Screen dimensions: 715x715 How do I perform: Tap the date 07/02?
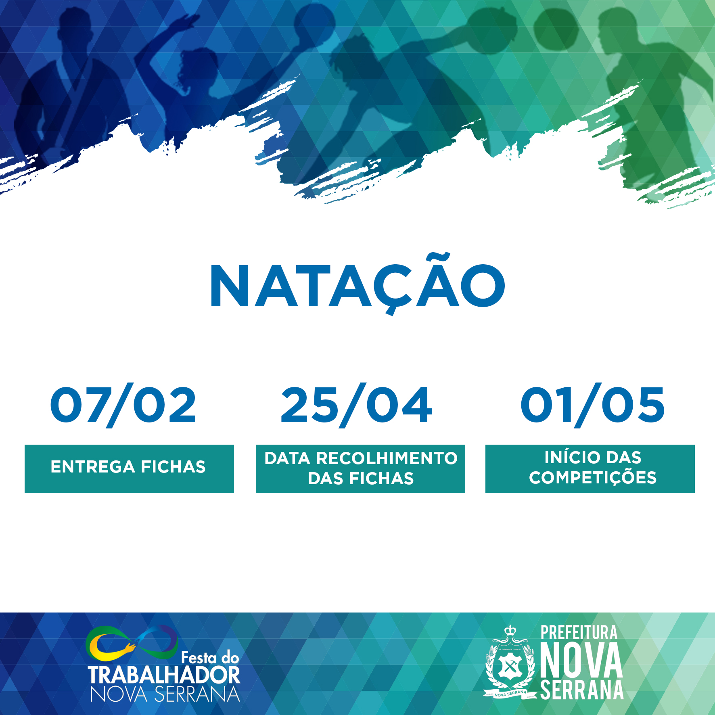click(123, 405)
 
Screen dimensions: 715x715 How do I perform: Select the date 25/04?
click(357, 405)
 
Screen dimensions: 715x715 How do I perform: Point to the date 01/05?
click(592, 405)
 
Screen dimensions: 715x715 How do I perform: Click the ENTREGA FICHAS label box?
click(129, 468)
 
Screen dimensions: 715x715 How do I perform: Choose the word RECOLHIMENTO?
click(387, 458)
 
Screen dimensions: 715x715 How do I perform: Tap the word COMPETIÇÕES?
click(593, 478)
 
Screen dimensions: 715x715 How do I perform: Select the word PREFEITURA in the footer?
click(579, 633)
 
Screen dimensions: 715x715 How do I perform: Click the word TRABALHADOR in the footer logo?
click(164, 675)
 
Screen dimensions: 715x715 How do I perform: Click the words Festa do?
click(210, 658)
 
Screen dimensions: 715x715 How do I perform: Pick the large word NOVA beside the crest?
click(581, 661)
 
